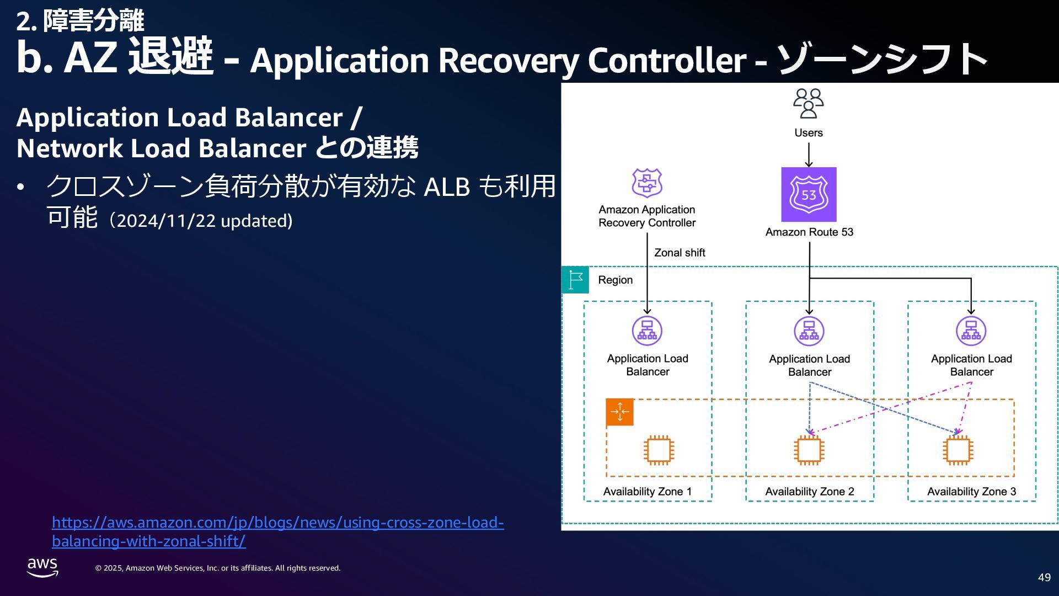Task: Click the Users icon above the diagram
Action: (809, 104)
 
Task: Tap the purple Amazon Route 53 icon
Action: (809, 194)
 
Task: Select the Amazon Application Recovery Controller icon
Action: (647, 183)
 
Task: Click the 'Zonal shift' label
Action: (680, 253)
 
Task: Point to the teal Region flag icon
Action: (575, 280)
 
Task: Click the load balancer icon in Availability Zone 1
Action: (647, 331)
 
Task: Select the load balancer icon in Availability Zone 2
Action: (809, 331)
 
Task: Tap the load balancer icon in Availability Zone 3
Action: (971, 331)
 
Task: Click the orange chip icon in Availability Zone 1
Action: (659, 450)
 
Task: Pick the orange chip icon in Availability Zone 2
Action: (809, 450)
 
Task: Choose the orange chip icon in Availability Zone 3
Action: (958, 450)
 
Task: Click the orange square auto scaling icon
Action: (619, 412)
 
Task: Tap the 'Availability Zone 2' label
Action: (810, 492)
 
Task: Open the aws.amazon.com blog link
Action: (278, 531)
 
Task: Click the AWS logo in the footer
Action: (42, 567)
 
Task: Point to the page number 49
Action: (1044, 577)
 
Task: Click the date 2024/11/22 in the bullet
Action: (166, 221)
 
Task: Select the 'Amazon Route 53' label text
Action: (809, 232)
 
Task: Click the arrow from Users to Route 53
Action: (809, 155)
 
